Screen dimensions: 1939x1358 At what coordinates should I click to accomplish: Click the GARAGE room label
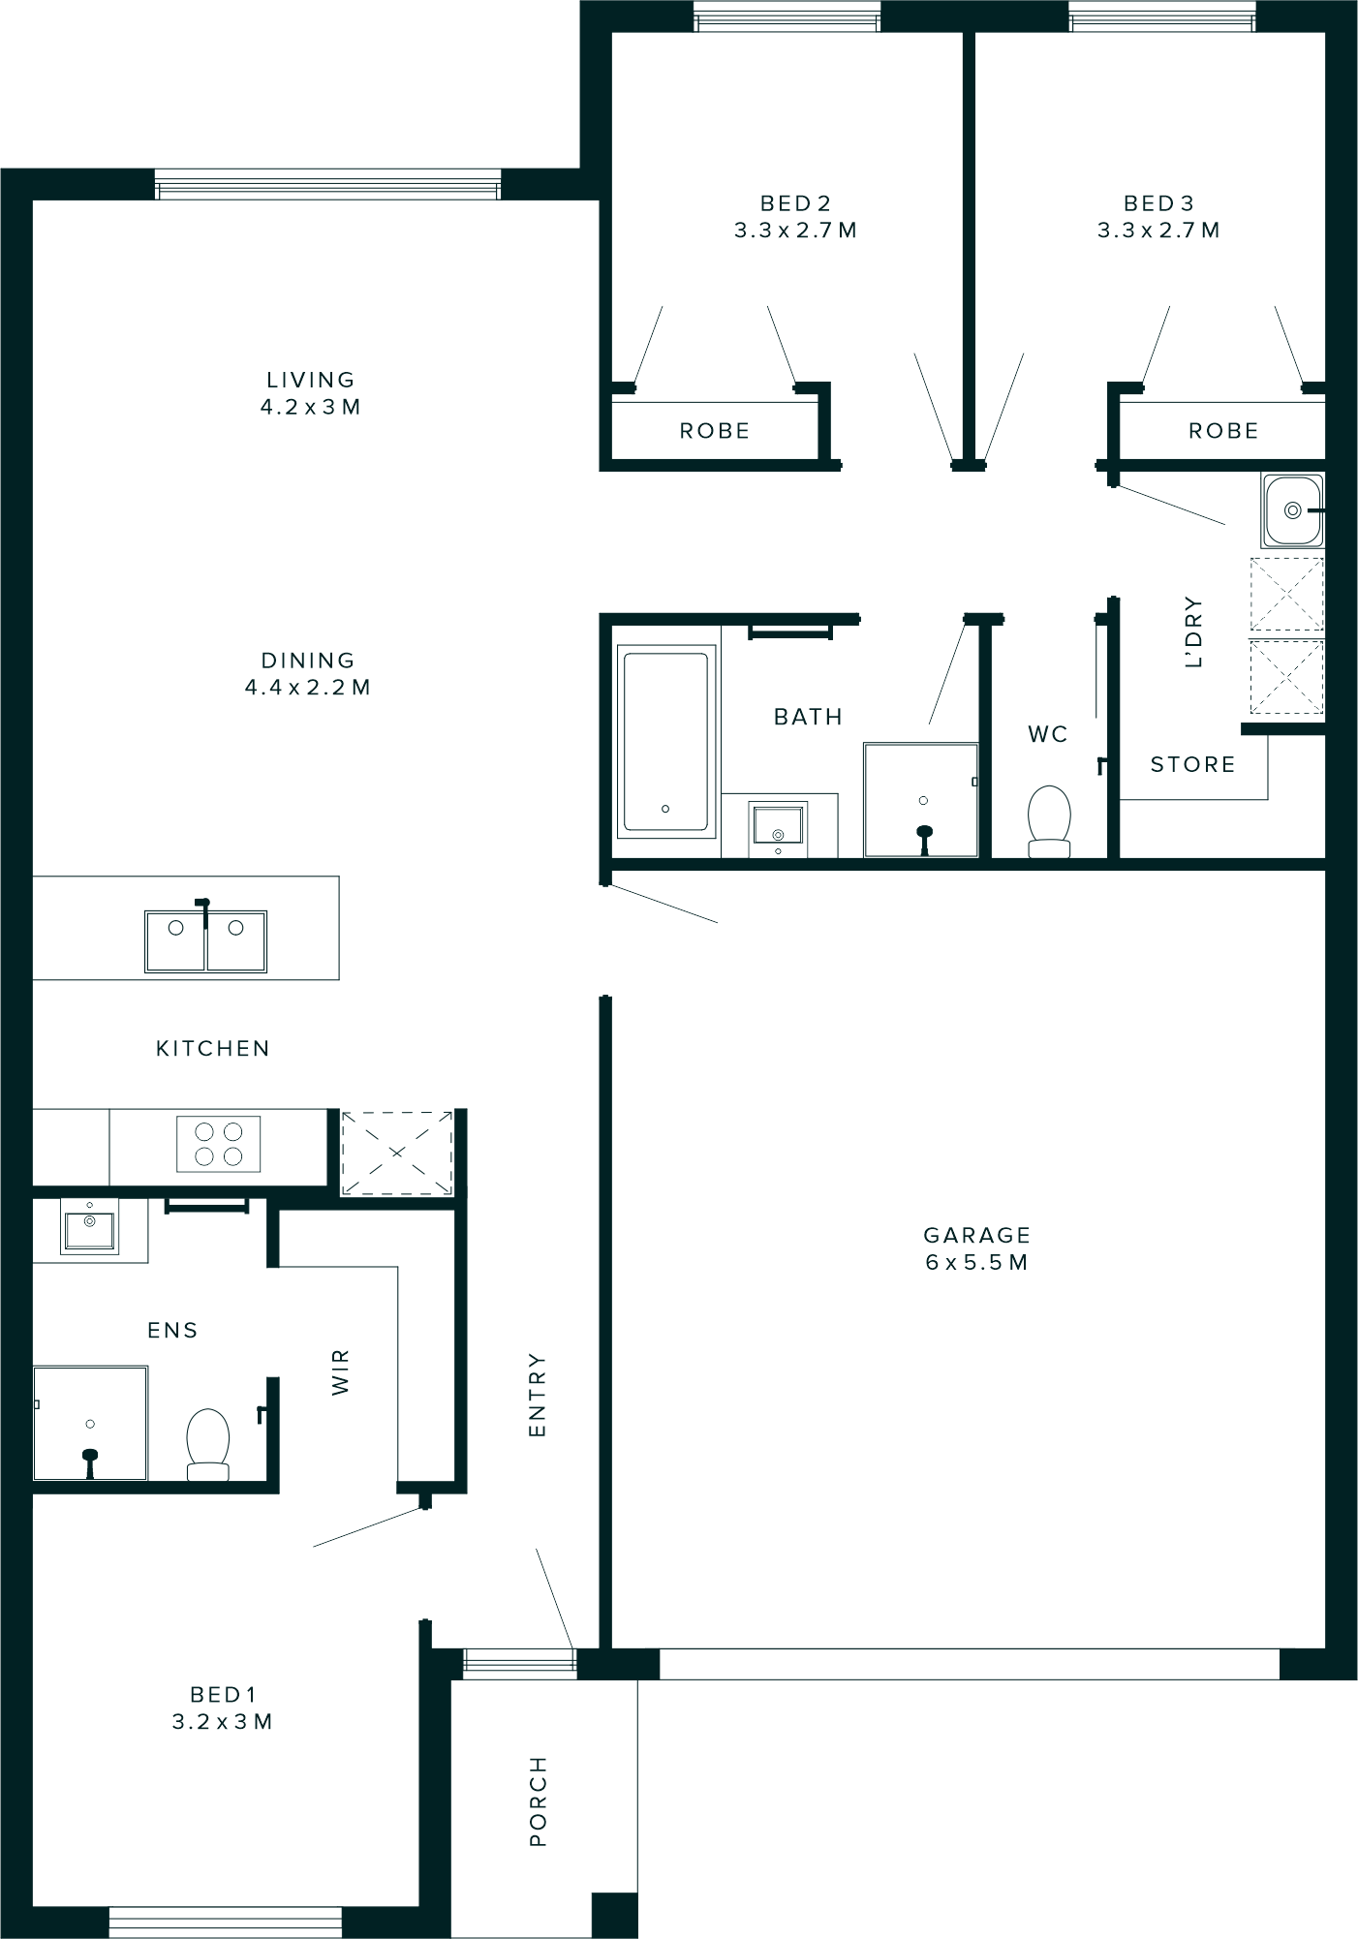click(976, 1235)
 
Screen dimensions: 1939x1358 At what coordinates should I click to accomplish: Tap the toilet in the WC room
click(1049, 821)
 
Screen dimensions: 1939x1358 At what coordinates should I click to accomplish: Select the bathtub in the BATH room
click(665, 741)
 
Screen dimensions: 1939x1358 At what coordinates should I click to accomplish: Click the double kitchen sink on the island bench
click(205, 940)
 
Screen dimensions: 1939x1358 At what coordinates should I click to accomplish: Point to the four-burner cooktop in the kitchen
click(219, 1144)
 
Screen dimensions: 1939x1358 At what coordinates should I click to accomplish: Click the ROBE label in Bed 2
click(715, 431)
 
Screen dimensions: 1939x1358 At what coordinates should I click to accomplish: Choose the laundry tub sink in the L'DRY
click(1292, 510)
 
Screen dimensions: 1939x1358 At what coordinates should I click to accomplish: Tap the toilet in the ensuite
click(207, 1444)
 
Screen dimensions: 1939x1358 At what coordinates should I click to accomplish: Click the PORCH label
click(539, 1801)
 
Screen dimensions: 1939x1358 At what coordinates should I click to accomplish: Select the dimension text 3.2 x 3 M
click(222, 1722)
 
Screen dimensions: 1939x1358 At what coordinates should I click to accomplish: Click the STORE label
click(1192, 765)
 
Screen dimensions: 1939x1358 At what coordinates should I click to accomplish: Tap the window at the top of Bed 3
click(1161, 17)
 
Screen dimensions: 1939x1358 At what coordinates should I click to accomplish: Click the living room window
click(327, 185)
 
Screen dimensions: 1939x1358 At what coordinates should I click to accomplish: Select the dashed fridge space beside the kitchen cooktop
click(397, 1153)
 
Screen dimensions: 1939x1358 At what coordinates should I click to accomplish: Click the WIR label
click(340, 1372)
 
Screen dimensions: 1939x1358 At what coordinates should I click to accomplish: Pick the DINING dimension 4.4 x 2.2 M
click(308, 688)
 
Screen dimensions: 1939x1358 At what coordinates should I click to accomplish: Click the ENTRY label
click(538, 1396)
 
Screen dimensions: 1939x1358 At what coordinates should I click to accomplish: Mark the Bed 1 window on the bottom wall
click(225, 1922)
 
